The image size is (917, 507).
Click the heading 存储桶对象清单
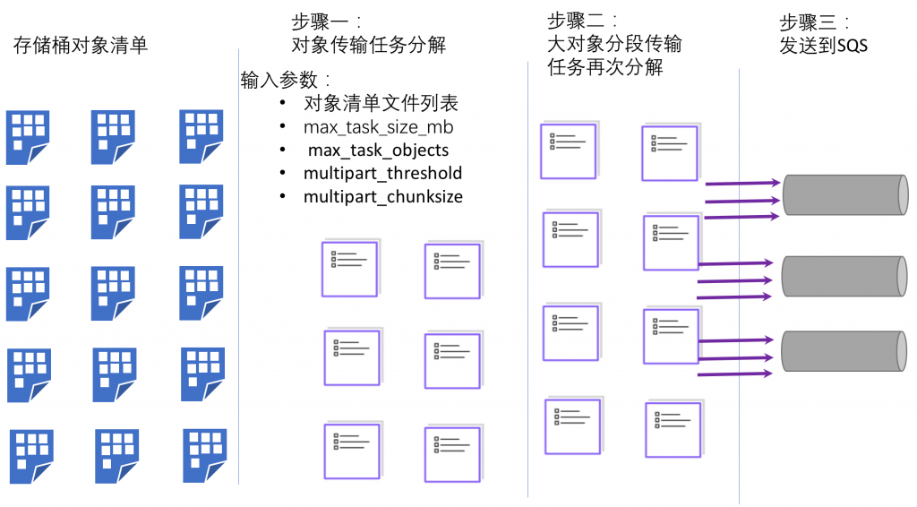[x=81, y=46]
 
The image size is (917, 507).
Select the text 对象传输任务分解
[x=368, y=45]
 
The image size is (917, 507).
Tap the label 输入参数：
[x=287, y=80]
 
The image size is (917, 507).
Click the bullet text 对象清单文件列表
[x=381, y=104]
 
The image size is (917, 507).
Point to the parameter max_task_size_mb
[x=384, y=127]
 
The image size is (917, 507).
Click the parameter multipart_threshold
[x=383, y=173]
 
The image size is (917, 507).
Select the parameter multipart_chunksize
[x=383, y=196]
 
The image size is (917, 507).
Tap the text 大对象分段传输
[x=614, y=43]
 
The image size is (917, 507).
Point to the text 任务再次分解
[x=604, y=66]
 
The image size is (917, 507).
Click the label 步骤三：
[x=814, y=22]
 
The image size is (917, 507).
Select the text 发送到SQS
[x=824, y=46]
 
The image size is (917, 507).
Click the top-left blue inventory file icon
[x=28, y=137]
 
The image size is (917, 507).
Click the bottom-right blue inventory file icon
[x=205, y=454]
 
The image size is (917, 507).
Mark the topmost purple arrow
[x=742, y=184]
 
